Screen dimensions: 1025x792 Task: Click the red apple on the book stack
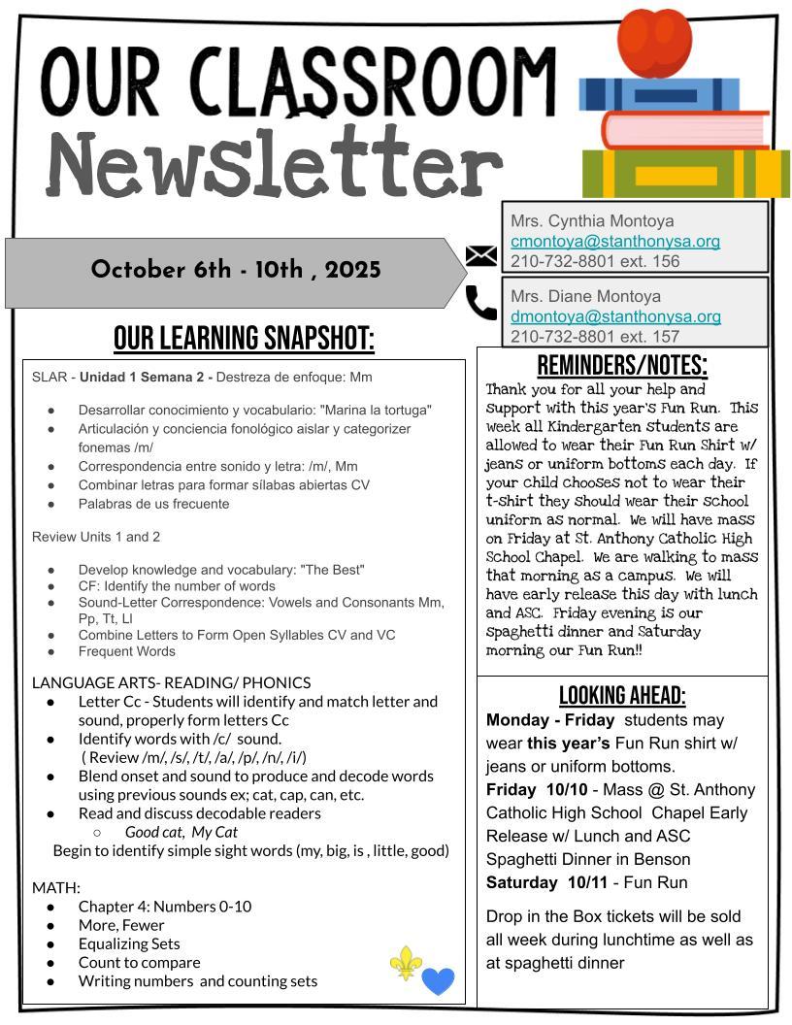click(x=654, y=41)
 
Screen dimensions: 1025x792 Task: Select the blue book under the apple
click(x=659, y=95)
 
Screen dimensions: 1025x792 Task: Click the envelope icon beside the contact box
click(x=481, y=255)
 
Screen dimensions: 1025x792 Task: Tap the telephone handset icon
click(x=481, y=302)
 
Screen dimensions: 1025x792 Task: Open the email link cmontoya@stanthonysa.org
click(x=615, y=241)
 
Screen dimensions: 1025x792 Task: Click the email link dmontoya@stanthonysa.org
click(x=615, y=316)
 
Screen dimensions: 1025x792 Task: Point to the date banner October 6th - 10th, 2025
click(x=236, y=270)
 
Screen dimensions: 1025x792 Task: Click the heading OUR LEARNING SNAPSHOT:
click(x=244, y=340)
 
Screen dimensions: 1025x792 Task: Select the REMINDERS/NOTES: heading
click(x=622, y=366)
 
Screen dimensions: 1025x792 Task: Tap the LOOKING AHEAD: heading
click(x=622, y=695)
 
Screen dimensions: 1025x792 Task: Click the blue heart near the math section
click(x=438, y=980)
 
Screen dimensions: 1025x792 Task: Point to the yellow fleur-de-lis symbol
click(x=406, y=962)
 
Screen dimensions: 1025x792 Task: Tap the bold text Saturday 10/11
click(x=551, y=882)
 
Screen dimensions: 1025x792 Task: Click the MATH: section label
click(x=55, y=887)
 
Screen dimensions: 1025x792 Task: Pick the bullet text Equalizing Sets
click(x=129, y=943)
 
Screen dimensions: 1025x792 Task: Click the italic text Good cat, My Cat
click(x=181, y=832)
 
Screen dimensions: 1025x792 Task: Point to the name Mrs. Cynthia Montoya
click(x=592, y=221)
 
